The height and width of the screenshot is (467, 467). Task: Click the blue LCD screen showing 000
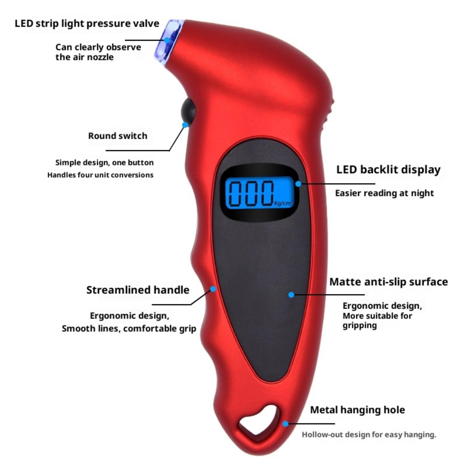(x=259, y=193)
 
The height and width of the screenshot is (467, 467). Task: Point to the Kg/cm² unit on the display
(x=283, y=203)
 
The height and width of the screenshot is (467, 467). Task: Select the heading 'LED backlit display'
(x=388, y=170)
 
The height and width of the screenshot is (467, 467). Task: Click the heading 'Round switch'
(x=118, y=136)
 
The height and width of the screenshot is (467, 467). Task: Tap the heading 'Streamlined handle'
(x=138, y=290)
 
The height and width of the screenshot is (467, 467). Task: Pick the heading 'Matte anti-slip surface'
(x=388, y=282)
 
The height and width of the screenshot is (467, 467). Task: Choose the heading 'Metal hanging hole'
(x=357, y=410)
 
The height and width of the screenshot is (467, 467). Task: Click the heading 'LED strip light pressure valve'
(x=87, y=24)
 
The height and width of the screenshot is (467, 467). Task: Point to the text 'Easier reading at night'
(x=384, y=193)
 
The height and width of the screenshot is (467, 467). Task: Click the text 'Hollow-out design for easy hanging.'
(x=369, y=435)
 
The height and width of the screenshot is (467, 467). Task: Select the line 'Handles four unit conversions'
(x=100, y=175)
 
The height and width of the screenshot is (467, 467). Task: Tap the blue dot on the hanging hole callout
(x=285, y=424)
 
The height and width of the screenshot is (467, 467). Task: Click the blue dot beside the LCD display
(x=298, y=184)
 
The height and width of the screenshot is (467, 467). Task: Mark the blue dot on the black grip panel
(x=291, y=295)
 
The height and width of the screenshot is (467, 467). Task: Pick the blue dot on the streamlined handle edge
(x=213, y=289)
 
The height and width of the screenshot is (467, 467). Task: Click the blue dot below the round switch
(x=185, y=125)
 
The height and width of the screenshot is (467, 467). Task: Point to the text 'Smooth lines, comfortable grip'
(x=129, y=329)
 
